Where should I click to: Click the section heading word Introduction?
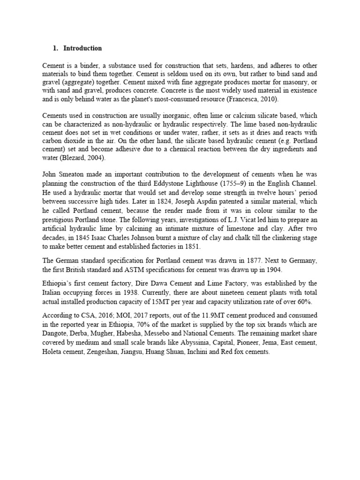point(82,48)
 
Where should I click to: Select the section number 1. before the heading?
point(55,48)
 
